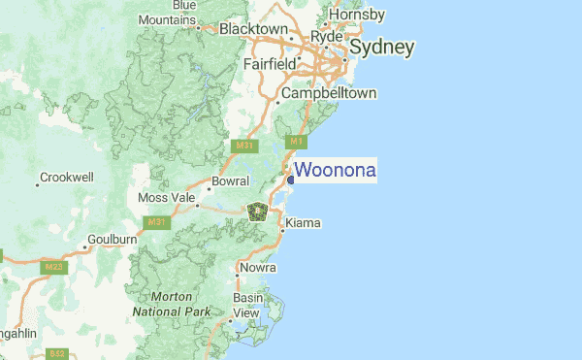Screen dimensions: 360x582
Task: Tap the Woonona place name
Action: (x=335, y=171)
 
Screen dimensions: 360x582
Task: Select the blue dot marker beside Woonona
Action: (x=290, y=179)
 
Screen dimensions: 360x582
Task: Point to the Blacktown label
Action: (x=253, y=29)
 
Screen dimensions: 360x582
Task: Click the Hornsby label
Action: (x=357, y=15)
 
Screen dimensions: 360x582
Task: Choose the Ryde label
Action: (x=327, y=36)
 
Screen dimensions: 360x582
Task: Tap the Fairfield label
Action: (x=270, y=64)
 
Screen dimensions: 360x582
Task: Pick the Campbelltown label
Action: (x=328, y=94)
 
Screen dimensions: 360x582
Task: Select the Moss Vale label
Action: (x=167, y=198)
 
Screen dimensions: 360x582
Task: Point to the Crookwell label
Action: (x=66, y=179)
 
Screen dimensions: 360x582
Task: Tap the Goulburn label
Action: (x=112, y=239)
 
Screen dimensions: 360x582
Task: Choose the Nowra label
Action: (x=258, y=267)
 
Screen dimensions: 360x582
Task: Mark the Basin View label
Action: (x=246, y=306)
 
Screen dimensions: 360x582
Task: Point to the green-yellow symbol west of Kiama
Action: (x=257, y=211)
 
